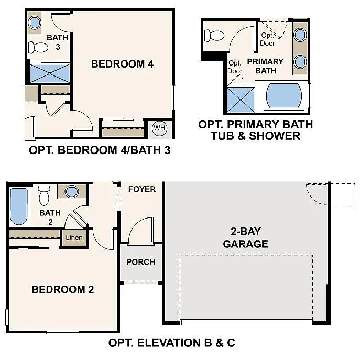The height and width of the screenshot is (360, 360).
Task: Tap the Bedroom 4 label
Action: pos(122,64)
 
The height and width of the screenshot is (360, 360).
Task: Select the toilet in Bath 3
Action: pos(37,47)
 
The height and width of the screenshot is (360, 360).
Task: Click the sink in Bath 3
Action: pos(35,23)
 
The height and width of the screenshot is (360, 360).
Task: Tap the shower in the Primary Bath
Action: pos(239,99)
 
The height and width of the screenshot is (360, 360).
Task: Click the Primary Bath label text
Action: pos(265,66)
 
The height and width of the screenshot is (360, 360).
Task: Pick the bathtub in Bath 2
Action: pos(18,206)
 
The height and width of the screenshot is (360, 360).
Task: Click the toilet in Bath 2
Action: pos(44,194)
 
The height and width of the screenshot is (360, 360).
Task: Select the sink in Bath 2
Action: pos(71,191)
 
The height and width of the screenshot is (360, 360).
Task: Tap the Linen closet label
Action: pos(74,238)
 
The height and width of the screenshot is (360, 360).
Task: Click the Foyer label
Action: pos(141,189)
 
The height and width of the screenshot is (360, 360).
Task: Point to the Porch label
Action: pos(140,261)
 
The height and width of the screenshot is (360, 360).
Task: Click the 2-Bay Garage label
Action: pos(245,237)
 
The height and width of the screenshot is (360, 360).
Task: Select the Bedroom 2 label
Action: pos(63,289)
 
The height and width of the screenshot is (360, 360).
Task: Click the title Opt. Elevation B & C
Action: pos(171,344)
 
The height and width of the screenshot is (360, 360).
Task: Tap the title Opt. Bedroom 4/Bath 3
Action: pos(100,150)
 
